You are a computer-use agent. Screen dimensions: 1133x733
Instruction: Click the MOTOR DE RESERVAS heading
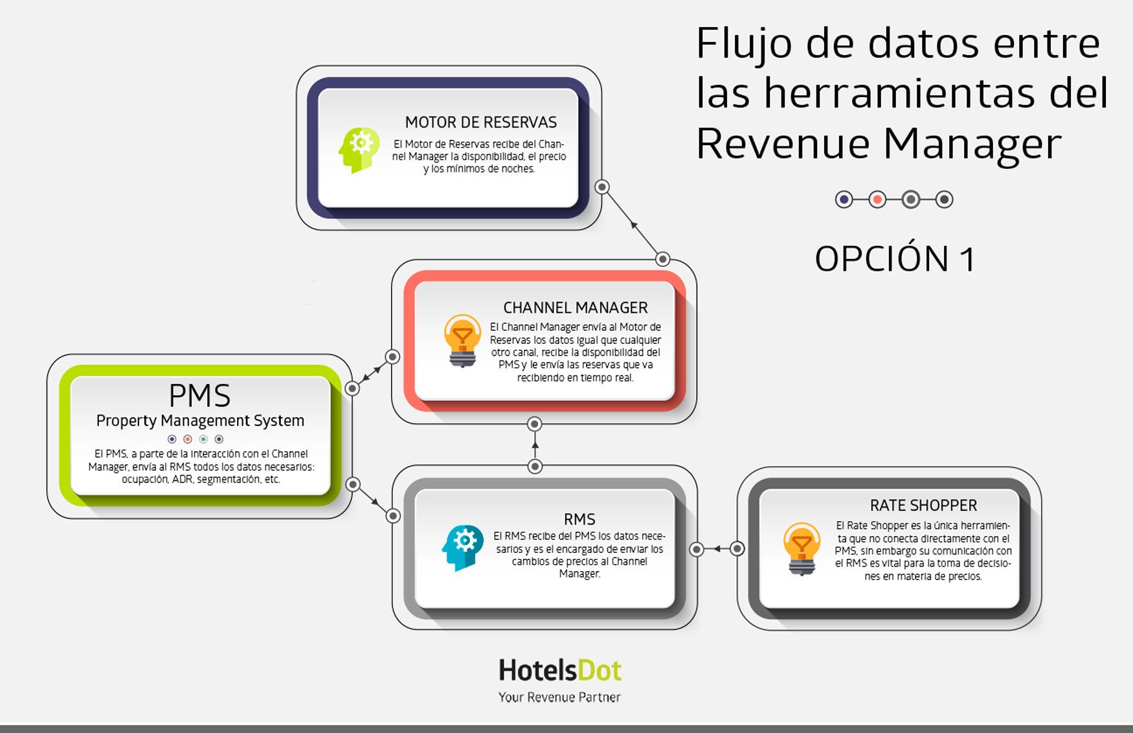(x=481, y=122)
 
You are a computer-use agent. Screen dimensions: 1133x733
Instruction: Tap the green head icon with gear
(x=359, y=150)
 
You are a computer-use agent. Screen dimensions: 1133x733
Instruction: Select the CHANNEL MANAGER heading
(x=576, y=308)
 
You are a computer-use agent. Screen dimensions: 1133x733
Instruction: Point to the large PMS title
(x=199, y=395)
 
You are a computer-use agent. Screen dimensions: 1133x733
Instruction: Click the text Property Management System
(x=200, y=421)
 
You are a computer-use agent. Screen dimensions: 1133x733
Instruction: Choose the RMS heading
(x=579, y=519)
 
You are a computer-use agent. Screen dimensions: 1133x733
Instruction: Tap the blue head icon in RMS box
(x=463, y=548)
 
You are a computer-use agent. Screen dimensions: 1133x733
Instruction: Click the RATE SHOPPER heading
(x=923, y=505)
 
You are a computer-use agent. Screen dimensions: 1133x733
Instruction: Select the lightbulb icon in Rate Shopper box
(x=802, y=548)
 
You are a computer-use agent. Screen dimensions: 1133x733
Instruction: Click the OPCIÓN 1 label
(x=895, y=259)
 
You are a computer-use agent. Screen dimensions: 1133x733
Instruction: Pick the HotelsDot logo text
(x=560, y=671)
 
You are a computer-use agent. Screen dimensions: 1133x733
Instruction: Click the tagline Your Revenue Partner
(x=559, y=697)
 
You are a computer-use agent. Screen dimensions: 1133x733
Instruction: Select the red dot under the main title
(x=877, y=199)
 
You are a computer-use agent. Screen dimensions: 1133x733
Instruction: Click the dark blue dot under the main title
(x=844, y=199)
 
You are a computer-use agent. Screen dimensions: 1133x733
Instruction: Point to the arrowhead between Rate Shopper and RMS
(x=716, y=549)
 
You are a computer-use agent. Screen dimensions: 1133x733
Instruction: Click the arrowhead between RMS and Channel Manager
(x=535, y=445)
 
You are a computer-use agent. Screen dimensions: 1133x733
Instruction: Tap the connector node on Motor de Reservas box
(x=602, y=187)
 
